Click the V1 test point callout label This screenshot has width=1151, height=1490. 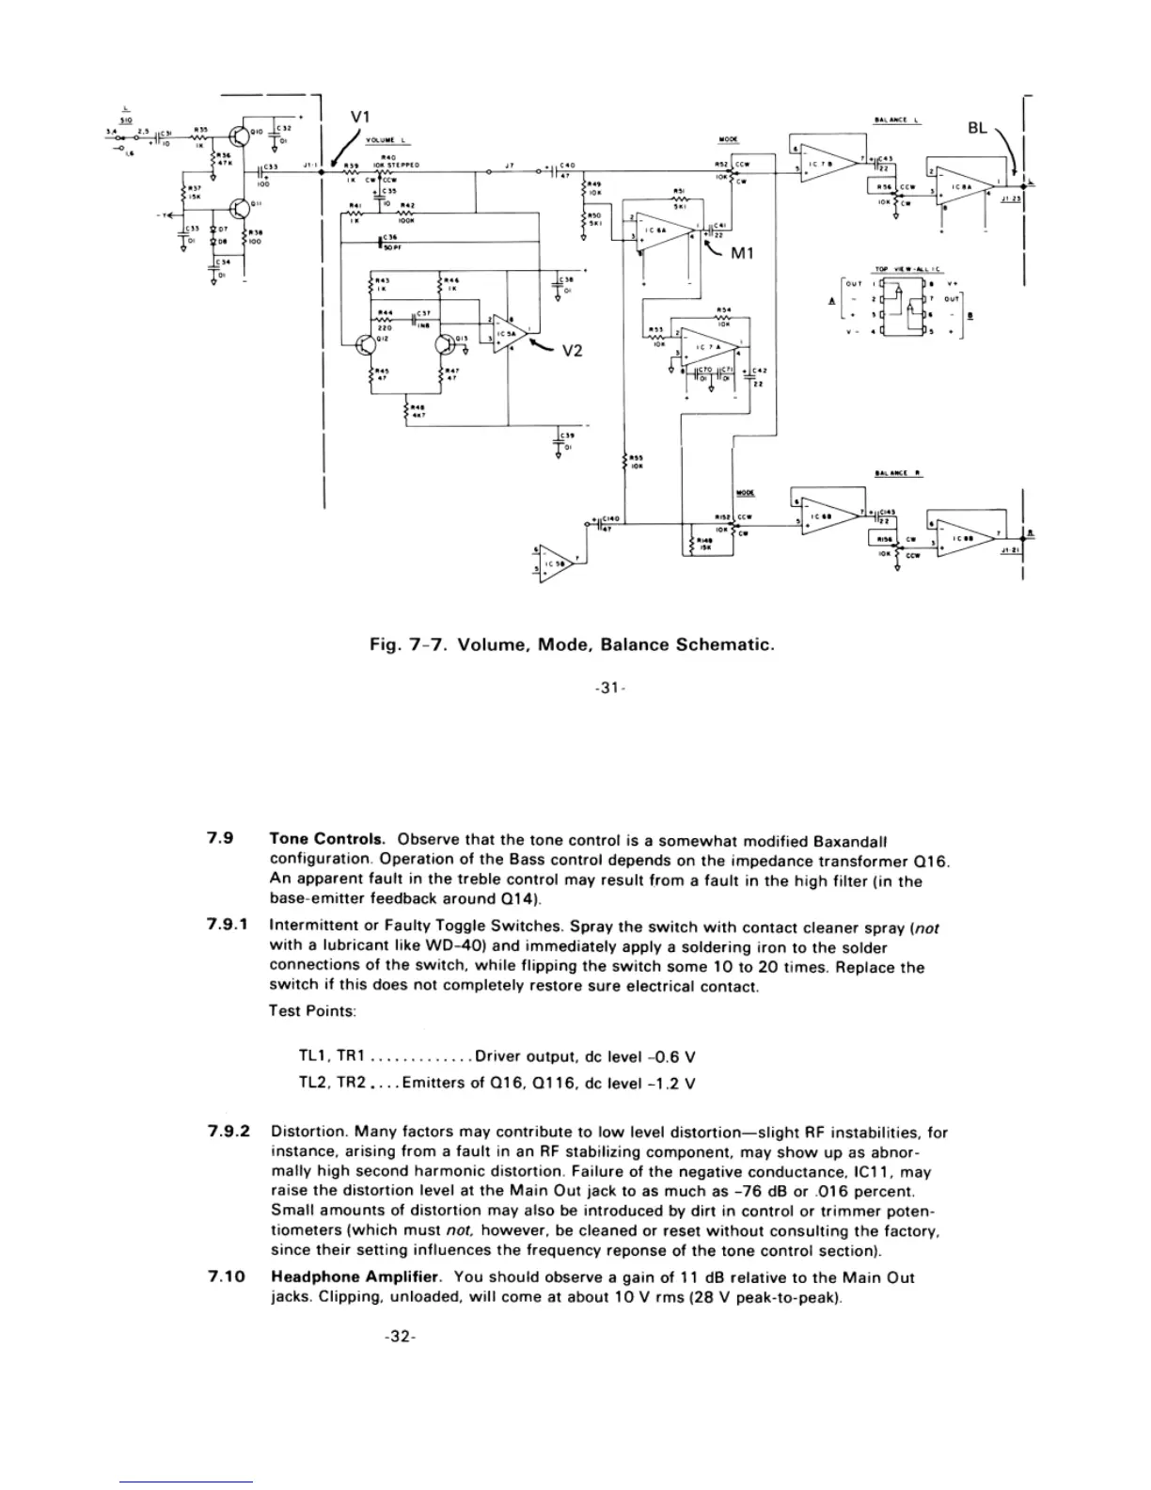point(359,117)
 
